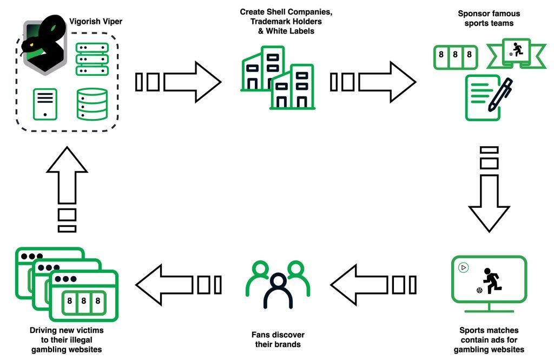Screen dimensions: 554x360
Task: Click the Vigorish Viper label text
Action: (x=96, y=21)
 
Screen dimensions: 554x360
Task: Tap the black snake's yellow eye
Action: (x=31, y=44)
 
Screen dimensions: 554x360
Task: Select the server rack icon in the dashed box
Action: (x=92, y=59)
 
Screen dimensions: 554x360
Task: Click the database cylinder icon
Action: (x=92, y=104)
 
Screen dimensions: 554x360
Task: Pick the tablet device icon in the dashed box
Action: (x=45, y=104)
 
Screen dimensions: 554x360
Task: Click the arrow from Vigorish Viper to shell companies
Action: (x=178, y=82)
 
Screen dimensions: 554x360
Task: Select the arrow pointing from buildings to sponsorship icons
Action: (x=373, y=82)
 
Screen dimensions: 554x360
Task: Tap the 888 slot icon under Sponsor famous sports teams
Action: (x=456, y=57)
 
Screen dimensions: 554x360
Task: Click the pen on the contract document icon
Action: (x=500, y=95)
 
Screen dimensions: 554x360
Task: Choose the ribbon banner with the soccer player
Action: (x=516, y=54)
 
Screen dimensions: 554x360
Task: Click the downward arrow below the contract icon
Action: (x=489, y=189)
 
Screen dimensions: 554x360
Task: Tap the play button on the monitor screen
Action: (x=463, y=268)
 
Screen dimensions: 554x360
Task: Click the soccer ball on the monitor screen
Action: (x=479, y=291)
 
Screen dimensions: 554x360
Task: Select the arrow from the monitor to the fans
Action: (x=373, y=285)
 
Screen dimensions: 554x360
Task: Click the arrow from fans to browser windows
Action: (x=179, y=285)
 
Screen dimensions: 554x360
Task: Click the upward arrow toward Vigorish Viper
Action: (x=67, y=189)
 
